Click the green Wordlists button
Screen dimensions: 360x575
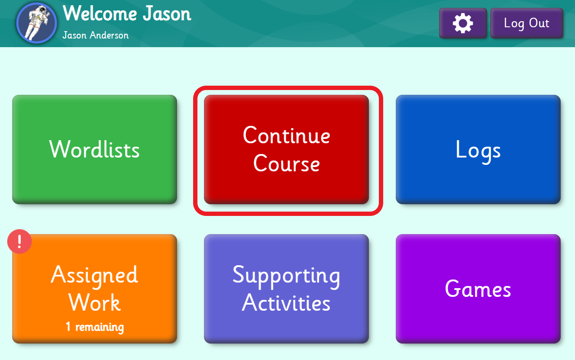94,149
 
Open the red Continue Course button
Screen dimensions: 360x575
286,149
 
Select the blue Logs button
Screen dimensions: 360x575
478,149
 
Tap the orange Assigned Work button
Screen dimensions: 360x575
94,289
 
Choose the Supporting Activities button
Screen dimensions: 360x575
286,289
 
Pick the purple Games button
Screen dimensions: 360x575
478,289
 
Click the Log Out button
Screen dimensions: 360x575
527,23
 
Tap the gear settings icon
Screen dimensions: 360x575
463,23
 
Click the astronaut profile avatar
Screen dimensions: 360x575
36,22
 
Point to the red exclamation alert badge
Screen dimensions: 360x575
19,241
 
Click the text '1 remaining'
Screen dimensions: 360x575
94,327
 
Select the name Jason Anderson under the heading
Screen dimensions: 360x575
95,35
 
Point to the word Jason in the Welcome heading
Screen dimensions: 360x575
167,14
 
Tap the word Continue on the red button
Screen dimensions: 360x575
286,135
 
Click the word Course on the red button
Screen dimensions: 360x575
286,164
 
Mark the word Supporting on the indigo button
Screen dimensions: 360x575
286,276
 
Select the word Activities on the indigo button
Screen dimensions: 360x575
286,303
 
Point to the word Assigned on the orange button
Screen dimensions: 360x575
94,276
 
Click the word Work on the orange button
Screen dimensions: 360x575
94,303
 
